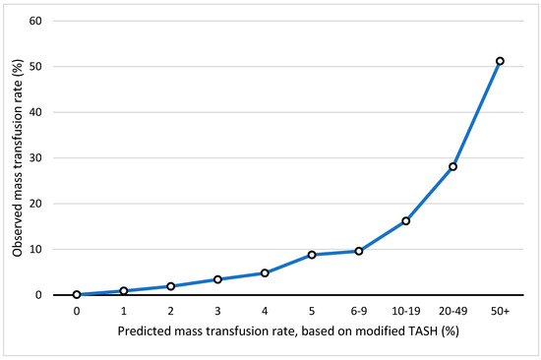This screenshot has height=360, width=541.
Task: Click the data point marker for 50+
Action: point(500,61)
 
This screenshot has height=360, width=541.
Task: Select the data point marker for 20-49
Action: point(452,166)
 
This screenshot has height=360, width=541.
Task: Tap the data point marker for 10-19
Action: point(405,221)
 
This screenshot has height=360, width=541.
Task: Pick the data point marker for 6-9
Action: point(359,251)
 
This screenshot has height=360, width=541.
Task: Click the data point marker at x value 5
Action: point(312,255)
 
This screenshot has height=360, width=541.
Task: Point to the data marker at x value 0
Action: point(77,295)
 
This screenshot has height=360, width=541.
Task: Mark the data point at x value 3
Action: point(217,279)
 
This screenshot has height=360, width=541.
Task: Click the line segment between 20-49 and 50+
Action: point(476,114)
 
